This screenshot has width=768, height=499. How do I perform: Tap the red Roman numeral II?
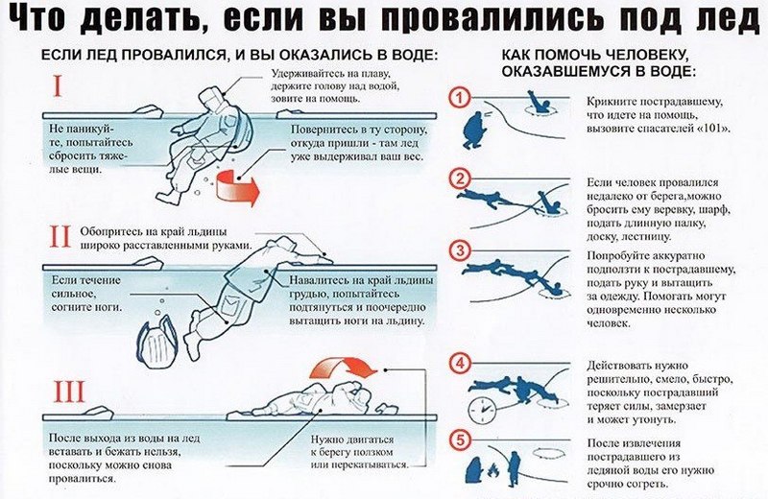[60, 236]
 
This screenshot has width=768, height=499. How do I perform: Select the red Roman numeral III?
[69, 392]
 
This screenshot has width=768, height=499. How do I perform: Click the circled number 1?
[460, 99]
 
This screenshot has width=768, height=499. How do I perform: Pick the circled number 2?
[460, 179]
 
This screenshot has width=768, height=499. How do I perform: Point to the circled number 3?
[460, 251]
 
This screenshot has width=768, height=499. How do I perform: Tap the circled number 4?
[460, 364]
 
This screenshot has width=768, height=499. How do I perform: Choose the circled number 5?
[460, 440]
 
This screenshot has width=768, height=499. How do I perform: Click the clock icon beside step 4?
[482, 410]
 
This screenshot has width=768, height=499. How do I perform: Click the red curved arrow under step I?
[237, 186]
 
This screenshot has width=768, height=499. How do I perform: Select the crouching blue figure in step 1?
[472, 130]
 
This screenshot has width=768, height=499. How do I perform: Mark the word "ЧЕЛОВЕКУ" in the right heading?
[640, 55]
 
